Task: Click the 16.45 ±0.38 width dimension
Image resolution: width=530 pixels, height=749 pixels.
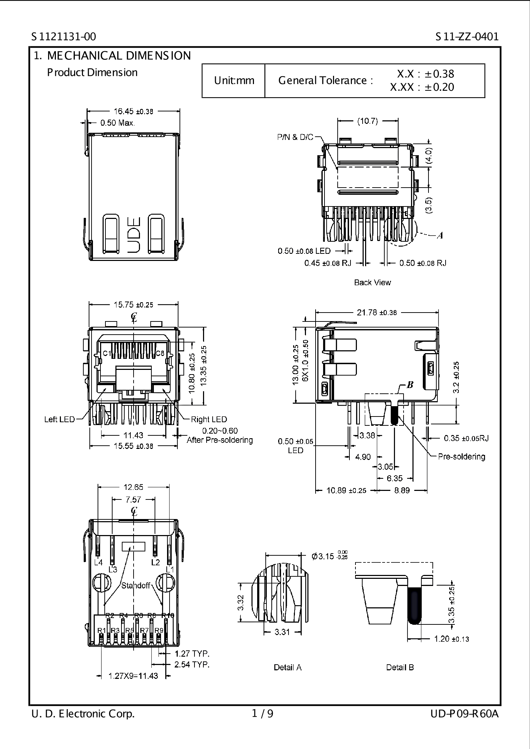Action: click(133, 111)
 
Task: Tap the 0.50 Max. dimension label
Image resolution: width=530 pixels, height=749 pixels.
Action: click(117, 123)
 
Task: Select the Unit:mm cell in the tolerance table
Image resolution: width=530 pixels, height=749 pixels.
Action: click(234, 80)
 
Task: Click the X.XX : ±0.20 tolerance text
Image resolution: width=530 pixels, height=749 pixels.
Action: click(422, 87)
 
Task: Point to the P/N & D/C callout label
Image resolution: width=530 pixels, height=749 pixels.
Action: click(295, 137)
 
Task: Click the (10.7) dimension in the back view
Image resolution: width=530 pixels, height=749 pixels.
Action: click(367, 121)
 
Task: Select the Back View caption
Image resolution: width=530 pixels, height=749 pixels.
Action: click(372, 282)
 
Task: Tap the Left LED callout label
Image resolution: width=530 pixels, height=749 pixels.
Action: click(59, 419)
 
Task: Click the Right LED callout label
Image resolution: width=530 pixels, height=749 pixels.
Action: click(209, 419)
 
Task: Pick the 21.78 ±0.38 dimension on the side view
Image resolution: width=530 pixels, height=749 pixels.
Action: click(376, 313)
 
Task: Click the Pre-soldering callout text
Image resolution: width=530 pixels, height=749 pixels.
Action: click(461, 456)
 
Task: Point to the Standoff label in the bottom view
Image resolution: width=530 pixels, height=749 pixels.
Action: click(135, 586)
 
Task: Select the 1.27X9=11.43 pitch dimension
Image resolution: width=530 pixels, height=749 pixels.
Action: click(133, 676)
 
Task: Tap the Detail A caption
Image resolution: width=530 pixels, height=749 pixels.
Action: click(287, 667)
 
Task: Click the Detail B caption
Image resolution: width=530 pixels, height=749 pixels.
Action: click(400, 667)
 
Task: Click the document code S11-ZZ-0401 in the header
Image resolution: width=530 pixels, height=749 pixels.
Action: click(467, 37)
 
